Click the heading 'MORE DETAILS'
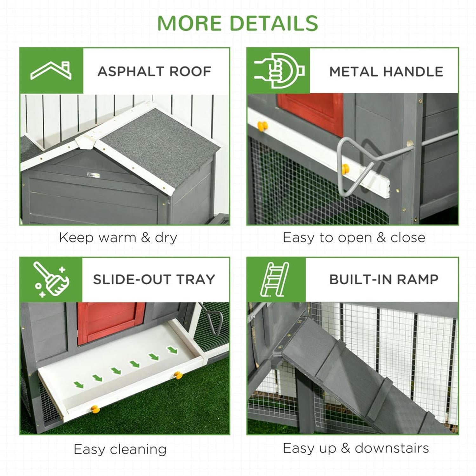pyautogui.click(x=237, y=23)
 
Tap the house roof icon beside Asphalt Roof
pyautogui.click(x=51, y=71)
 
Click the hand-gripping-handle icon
pyautogui.click(x=279, y=71)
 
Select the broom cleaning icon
pyautogui.click(x=51, y=280)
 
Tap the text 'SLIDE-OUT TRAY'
pyautogui.click(x=154, y=280)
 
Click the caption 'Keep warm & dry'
pyautogui.click(x=118, y=238)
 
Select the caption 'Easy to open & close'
pyautogui.click(x=354, y=238)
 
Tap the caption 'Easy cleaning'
pyautogui.click(x=120, y=449)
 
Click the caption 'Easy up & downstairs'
pyautogui.click(x=356, y=448)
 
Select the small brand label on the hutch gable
pyautogui.click(x=94, y=174)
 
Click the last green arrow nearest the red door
pyautogui.click(x=173, y=350)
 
